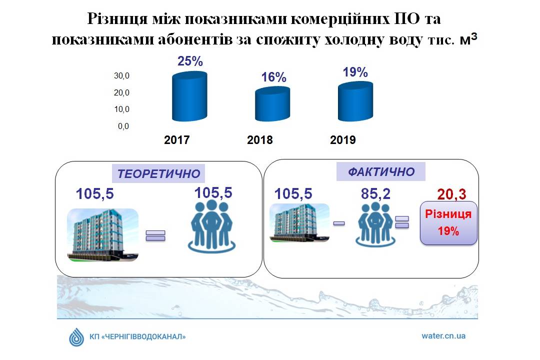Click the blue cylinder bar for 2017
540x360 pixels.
click(x=189, y=96)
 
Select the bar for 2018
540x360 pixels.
click(x=272, y=103)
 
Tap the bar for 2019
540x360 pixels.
click(x=355, y=101)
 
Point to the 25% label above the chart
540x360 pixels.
click(x=190, y=61)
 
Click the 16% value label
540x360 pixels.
click(x=273, y=77)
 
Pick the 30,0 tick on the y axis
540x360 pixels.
click(x=121, y=75)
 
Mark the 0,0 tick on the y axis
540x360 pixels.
click(x=123, y=126)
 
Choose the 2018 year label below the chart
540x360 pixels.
click(x=259, y=140)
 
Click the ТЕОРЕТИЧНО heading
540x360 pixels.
click(x=159, y=173)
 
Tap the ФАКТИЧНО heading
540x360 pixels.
click(x=381, y=171)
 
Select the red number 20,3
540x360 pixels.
click(x=452, y=194)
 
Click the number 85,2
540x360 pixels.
click(x=375, y=194)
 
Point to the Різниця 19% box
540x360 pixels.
click(x=448, y=223)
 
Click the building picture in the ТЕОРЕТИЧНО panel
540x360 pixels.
click(x=102, y=234)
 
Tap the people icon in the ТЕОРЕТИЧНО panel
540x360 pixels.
click(x=212, y=225)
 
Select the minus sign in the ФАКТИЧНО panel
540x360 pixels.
click(x=339, y=223)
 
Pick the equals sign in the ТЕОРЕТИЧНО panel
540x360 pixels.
click(x=155, y=235)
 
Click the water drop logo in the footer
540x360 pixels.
click(x=76, y=336)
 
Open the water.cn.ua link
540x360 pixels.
click(x=443, y=336)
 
